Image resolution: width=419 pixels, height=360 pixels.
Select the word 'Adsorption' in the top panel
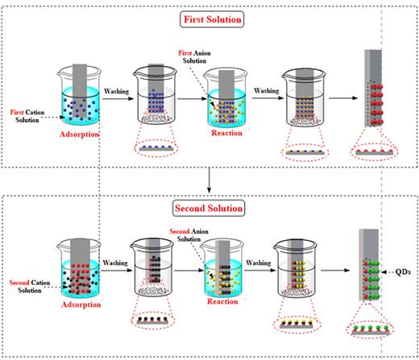click(x=79, y=132)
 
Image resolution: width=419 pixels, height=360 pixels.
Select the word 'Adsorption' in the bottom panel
click(x=79, y=307)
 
